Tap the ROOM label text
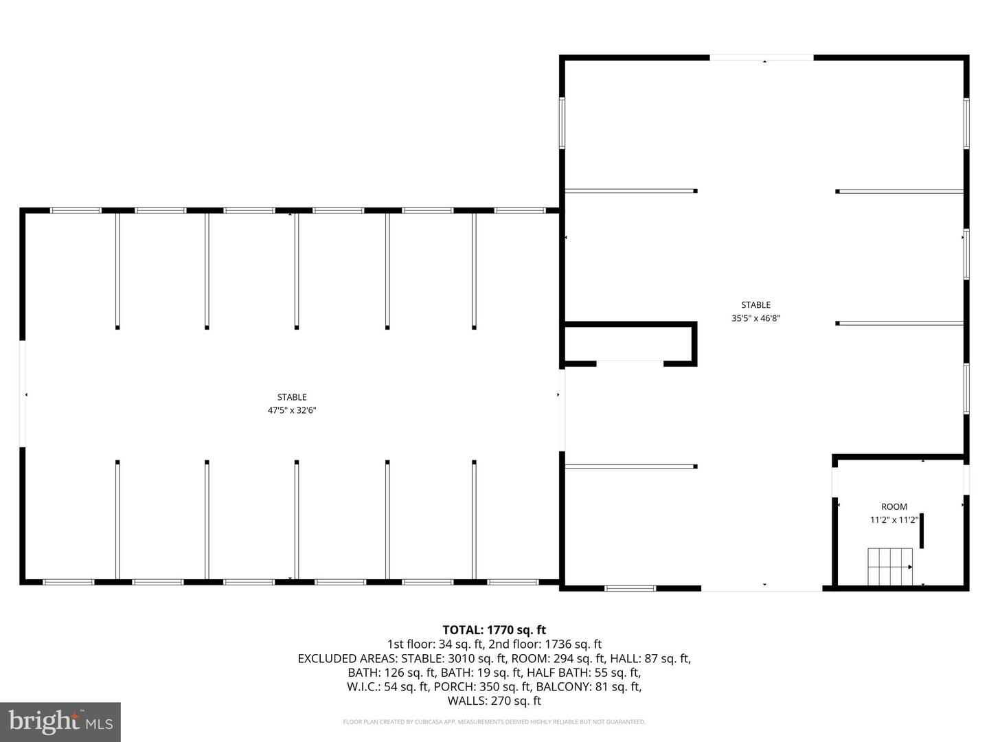(x=894, y=507)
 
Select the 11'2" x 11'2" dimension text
(x=894, y=520)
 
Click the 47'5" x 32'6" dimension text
(x=292, y=410)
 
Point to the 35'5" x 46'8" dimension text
(x=755, y=318)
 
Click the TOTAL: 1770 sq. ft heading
(x=494, y=629)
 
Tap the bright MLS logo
(x=60, y=721)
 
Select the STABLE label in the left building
(x=292, y=397)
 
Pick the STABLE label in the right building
(x=755, y=305)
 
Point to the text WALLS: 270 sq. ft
(x=494, y=701)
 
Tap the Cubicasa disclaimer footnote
(x=494, y=722)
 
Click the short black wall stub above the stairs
(x=922, y=530)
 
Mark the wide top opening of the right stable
(x=762, y=58)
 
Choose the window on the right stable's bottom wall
(x=630, y=588)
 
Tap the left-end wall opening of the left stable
(x=23, y=394)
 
